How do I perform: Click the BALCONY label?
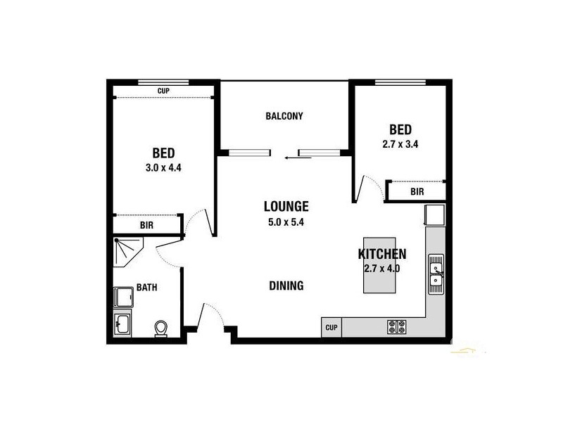tap(284, 116)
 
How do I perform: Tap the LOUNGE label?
tap(286, 206)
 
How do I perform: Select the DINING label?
tap(286, 286)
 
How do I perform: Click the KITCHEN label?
tap(382, 255)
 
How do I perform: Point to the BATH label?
tap(146, 287)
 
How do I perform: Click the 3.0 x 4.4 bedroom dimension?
tap(163, 168)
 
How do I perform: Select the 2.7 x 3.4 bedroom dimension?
tap(400, 145)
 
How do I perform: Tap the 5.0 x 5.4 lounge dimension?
tap(286, 222)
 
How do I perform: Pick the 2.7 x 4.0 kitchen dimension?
tap(382, 268)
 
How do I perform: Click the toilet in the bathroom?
tap(161, 328)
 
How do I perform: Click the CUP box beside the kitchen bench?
tap(331, 327)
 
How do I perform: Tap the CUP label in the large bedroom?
tap(163, 91)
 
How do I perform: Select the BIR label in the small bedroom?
tap(417, 191)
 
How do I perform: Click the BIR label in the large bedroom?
tap(146, 225)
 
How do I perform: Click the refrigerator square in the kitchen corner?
tap(434, 215)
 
